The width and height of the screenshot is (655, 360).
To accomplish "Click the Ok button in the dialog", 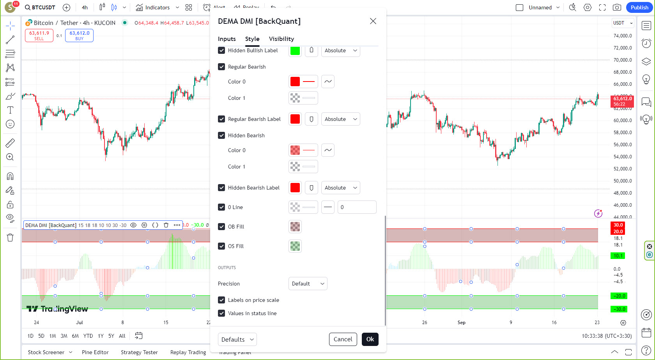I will tap(370, 339).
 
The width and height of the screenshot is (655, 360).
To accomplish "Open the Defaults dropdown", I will tap(237, 339).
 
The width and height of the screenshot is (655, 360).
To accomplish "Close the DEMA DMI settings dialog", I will tap(373, 21).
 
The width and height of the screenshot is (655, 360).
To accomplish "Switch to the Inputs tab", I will tap(227, 39).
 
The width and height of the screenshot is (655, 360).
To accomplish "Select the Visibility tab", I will tap(281, 39).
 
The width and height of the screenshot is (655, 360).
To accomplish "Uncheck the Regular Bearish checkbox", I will tap(221, 67).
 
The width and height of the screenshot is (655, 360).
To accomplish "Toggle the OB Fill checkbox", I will tap(221, 227).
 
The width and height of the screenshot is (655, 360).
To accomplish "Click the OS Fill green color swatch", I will tap(295, 246).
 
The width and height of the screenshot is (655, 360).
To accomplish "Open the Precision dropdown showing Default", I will tap(307, 284).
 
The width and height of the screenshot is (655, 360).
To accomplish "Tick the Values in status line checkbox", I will tap(221, 313).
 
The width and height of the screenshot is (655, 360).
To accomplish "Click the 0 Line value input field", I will tap(357, 207).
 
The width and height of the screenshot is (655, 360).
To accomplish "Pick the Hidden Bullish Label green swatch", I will tap(295, 50).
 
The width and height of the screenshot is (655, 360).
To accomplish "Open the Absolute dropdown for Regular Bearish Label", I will tap(340, 119).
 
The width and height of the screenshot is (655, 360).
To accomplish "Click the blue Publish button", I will tap(639, 7).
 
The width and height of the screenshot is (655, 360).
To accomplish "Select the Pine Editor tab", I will tap(95, 352).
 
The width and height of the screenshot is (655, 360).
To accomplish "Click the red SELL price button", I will tap(39, 35).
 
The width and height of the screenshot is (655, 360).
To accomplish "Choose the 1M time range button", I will tap(53, 336).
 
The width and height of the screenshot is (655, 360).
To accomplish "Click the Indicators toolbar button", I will tap(153, 7).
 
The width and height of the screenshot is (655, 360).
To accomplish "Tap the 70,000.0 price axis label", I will tap(622, 60).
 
